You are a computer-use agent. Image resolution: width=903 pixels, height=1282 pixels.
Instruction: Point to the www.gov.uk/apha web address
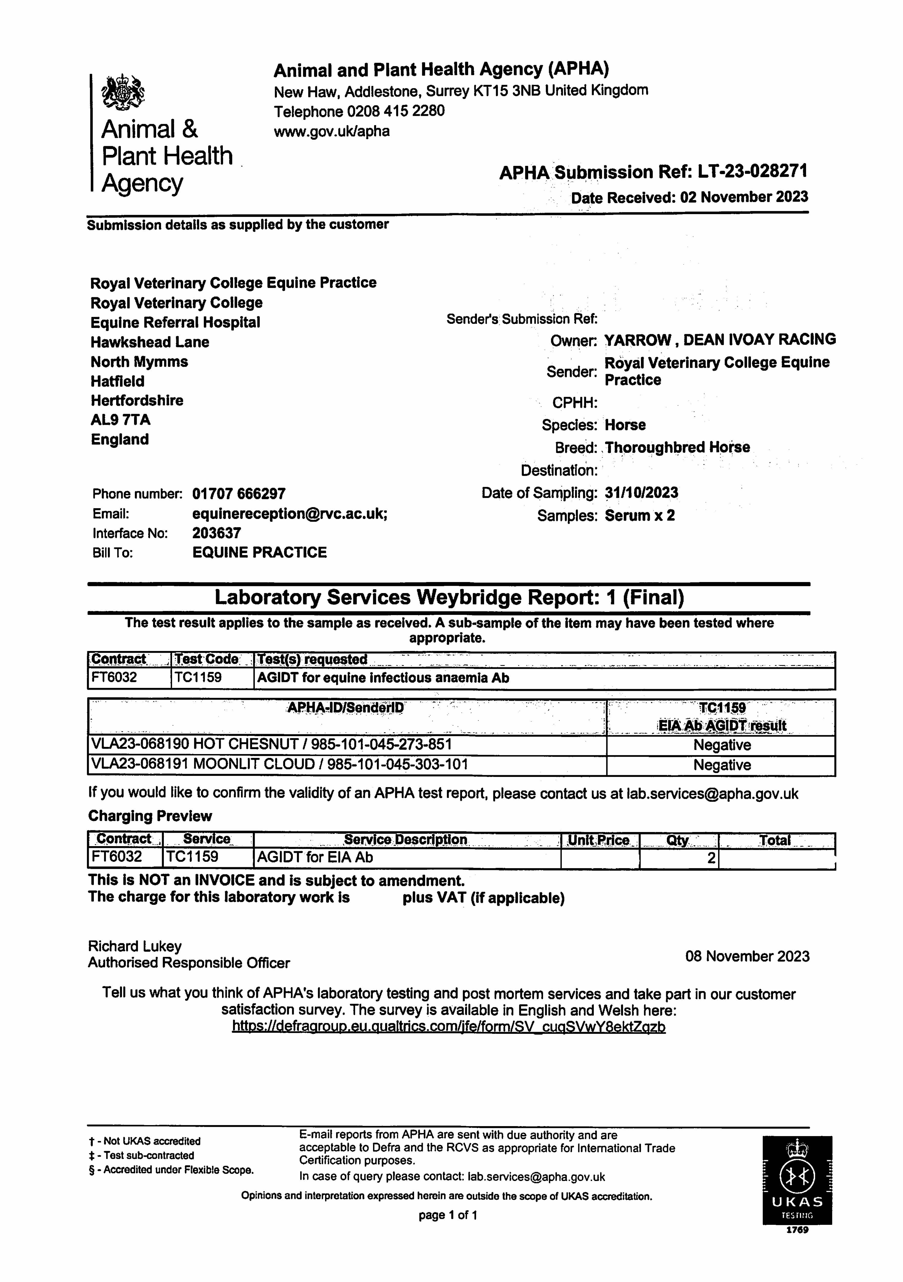point(332,131)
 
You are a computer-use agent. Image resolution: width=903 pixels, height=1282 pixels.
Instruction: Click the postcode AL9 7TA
point(121,420)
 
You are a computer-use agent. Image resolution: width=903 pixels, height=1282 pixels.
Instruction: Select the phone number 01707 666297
point(239,494)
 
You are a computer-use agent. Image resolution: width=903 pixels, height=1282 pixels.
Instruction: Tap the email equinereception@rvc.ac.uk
point(290,514)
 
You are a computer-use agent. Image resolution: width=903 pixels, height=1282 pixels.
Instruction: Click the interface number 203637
point(217,533)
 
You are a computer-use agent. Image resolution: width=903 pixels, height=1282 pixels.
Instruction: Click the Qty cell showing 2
point(711,858)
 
